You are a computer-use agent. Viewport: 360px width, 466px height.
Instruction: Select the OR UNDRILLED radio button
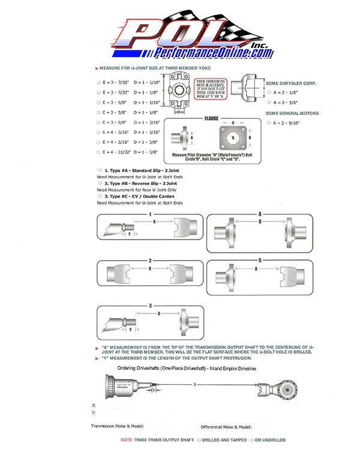pos(251,440)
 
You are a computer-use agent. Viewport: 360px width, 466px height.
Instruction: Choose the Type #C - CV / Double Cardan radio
pos(100,195)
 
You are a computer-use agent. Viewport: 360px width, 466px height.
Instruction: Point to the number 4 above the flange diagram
pos(259,214)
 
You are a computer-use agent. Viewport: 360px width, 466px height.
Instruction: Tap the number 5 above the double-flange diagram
pos(259,261)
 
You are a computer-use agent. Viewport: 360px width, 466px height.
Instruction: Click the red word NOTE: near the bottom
pos(127,440)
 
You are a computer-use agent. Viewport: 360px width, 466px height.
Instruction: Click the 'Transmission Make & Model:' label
pos(117,426)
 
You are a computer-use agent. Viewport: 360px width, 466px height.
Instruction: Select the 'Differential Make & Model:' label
pos(226,426)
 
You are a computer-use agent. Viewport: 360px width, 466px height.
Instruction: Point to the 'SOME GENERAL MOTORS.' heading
pos(293,113)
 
